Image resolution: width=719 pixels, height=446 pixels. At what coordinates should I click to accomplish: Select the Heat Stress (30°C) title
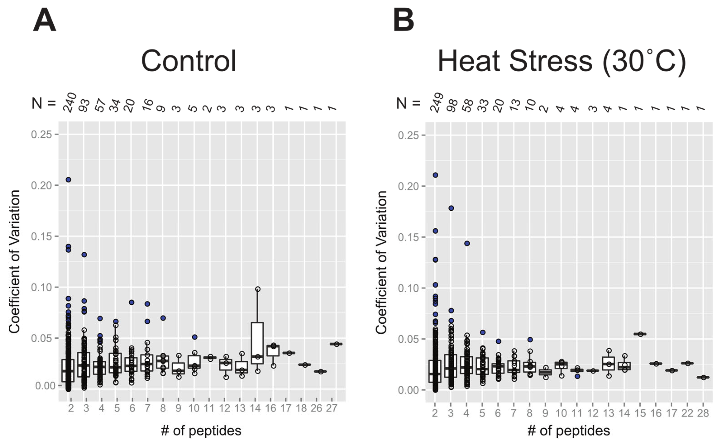[562, 61]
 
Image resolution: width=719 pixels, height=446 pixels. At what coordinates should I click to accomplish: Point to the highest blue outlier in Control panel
[69, 180]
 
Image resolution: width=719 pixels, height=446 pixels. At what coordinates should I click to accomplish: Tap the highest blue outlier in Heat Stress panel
[435, 175]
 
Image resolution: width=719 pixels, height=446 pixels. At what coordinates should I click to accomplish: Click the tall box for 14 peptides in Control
[258, 343]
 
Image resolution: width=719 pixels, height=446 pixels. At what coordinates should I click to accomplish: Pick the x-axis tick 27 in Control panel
[332, 408]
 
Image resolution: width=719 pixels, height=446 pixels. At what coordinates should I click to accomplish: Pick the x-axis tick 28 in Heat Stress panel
[703, 413]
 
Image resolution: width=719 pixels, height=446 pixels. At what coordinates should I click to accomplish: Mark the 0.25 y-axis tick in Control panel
[41, 134]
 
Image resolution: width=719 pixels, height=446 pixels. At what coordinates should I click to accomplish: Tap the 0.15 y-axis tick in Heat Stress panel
[408, 237]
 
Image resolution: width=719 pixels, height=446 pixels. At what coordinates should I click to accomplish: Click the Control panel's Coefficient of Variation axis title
[14, 261]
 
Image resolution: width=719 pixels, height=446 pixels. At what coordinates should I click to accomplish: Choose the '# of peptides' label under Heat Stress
[568, 431]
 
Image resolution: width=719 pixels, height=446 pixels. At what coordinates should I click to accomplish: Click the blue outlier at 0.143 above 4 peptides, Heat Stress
[467, 243]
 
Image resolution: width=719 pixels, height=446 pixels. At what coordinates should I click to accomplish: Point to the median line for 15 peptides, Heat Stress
[640, 334]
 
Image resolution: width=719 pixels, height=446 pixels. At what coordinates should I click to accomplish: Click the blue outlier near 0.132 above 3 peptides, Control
[84, 255]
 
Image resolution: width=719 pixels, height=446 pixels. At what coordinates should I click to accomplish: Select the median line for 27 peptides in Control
[336, 344]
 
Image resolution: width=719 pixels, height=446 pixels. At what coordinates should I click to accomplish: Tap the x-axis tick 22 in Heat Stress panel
[687, 413]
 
